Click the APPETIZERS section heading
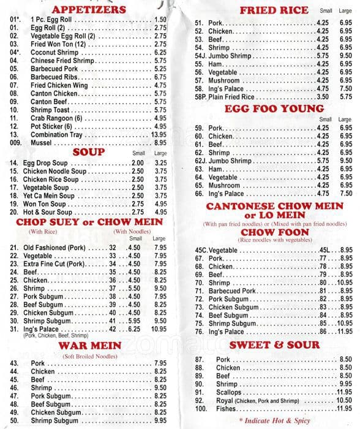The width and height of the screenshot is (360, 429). point(89,9)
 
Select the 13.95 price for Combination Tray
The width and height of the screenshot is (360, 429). point(159,134)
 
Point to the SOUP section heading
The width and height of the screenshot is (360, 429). point(89,152)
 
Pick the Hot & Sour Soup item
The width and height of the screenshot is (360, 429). point(48,211)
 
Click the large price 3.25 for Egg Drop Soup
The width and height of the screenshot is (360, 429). point(160,163)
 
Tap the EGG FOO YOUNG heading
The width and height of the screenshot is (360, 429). point(266,108)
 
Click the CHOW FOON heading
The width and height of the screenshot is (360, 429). point(266,232)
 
